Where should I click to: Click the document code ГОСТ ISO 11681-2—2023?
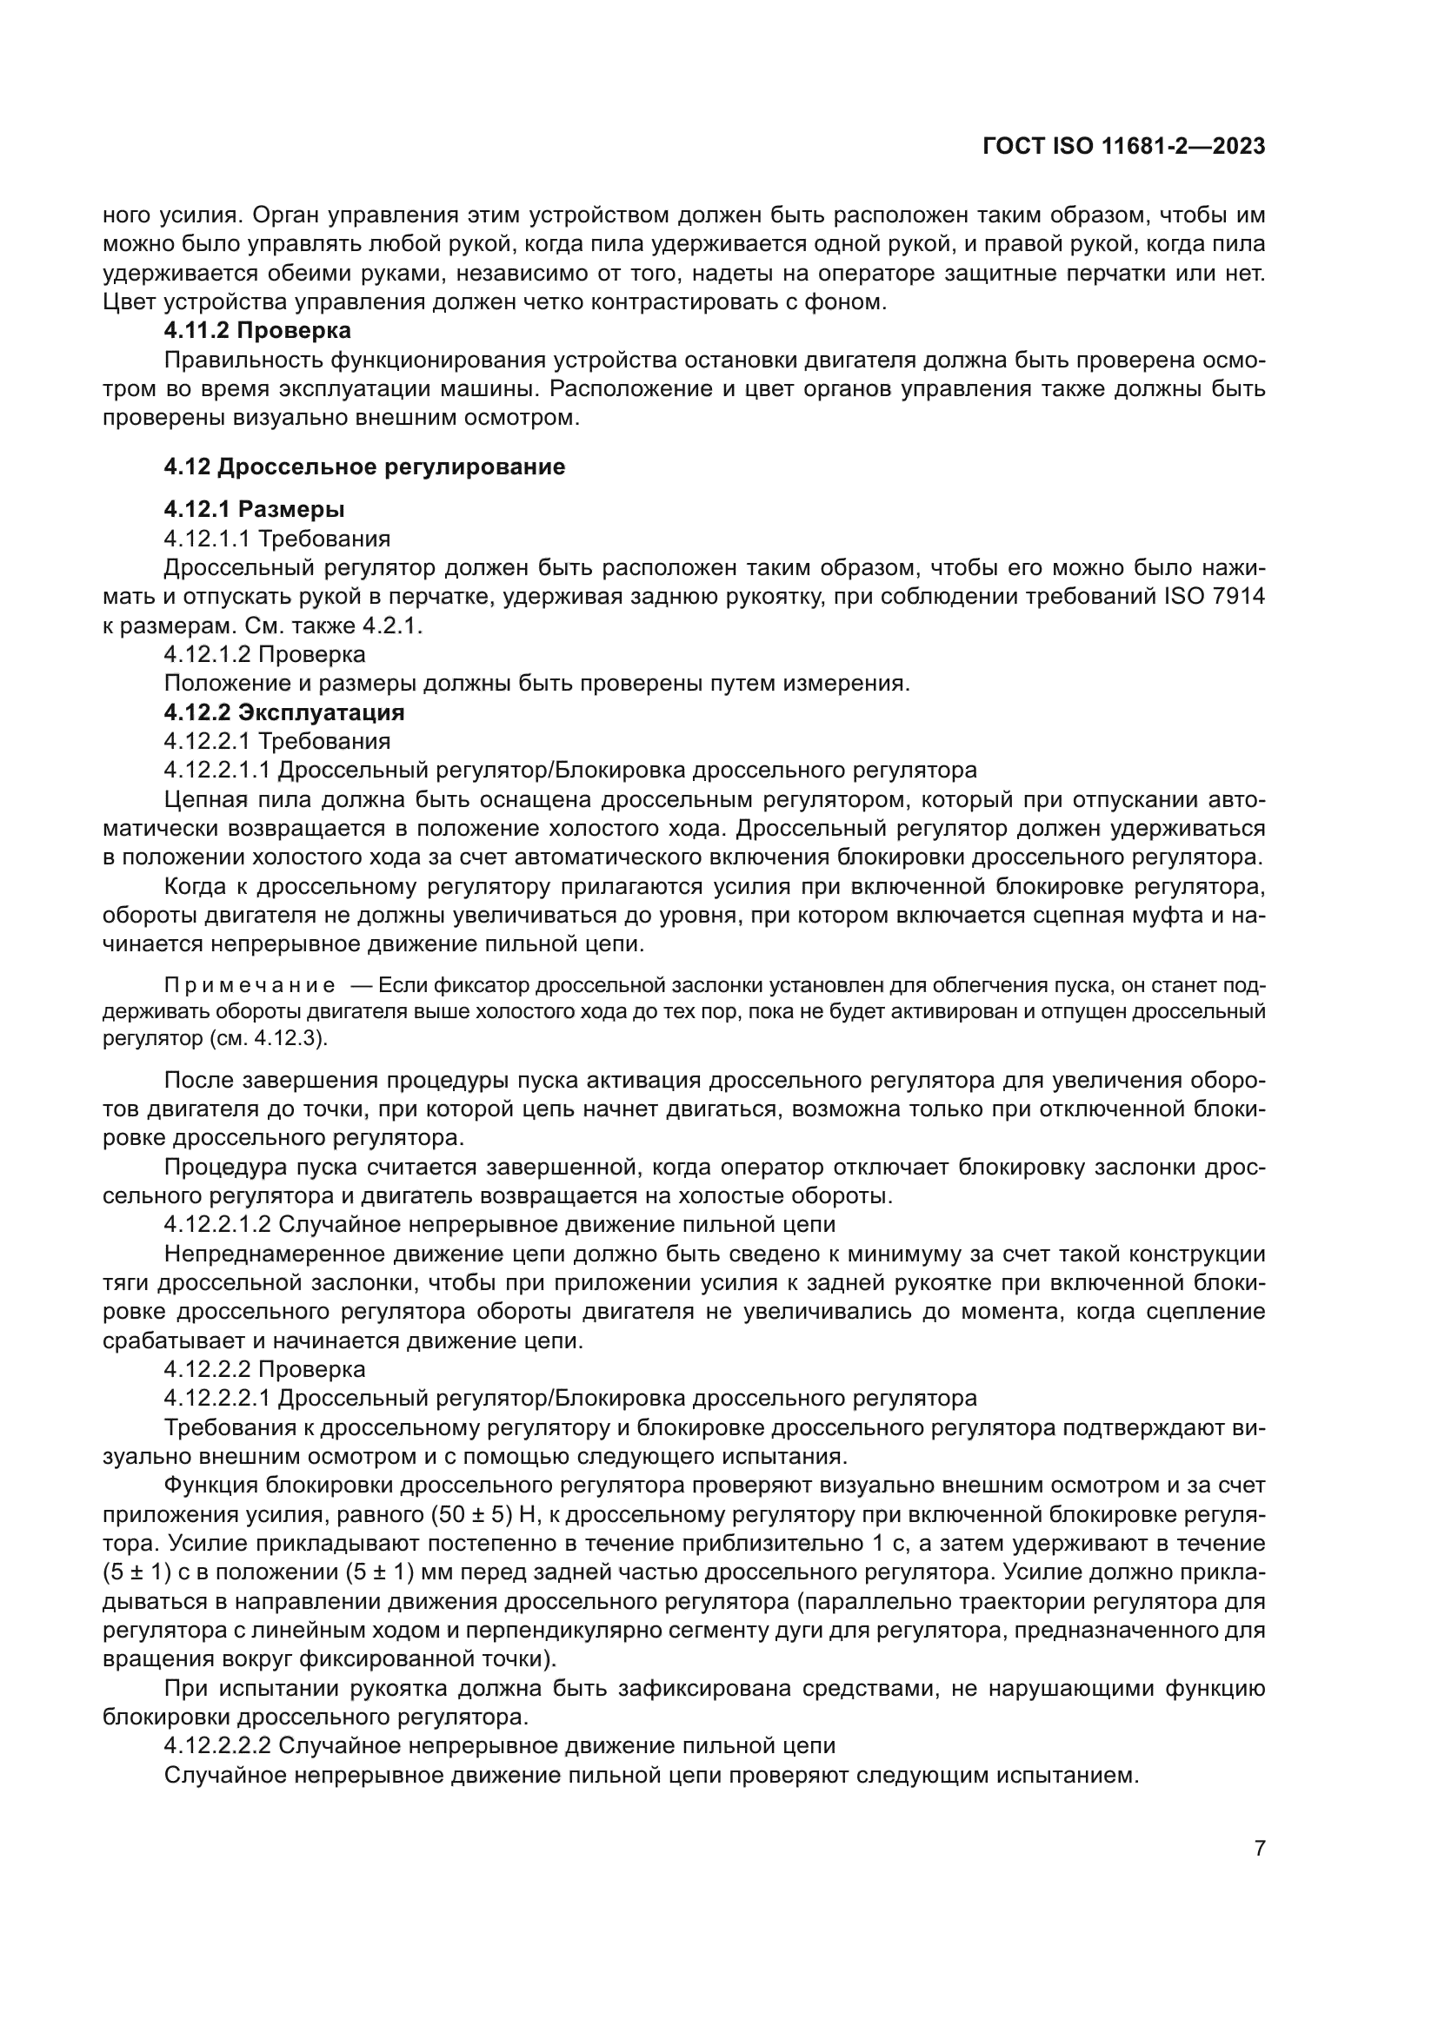coord(1123,147)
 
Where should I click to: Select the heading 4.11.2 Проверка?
coord(257,331)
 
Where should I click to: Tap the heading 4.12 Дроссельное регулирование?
coord(364,467)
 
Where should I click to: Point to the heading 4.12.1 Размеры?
coord(254,510)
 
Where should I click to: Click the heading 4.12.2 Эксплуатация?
coord(284,712)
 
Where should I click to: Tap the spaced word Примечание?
coord(250,986)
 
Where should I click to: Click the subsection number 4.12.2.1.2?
coord(218,1225)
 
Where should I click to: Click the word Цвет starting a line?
coord(130,301)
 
